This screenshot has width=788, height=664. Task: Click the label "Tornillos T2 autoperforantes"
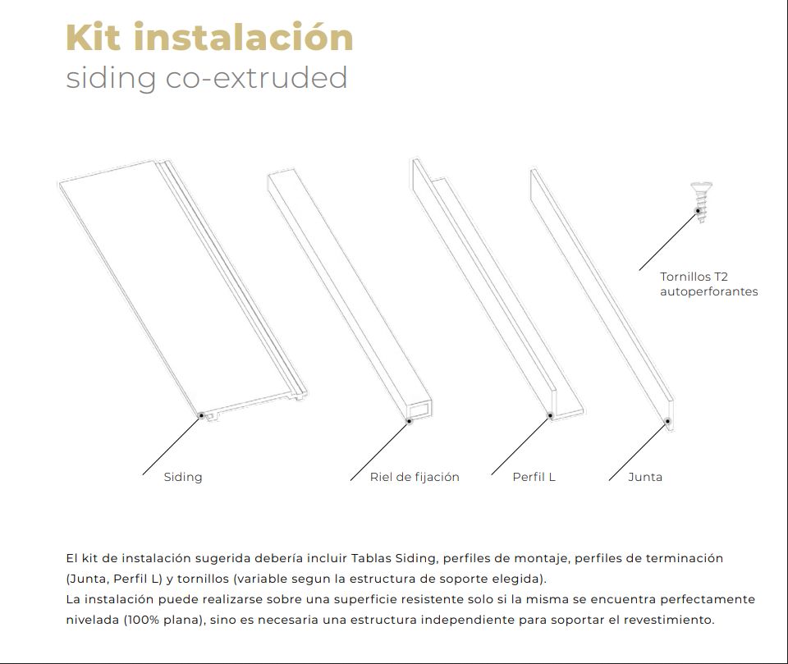click(x=708, y=284)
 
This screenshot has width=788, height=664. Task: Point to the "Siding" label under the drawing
click(x=182, y=477)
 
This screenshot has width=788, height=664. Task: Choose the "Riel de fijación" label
click(x=415, y=477)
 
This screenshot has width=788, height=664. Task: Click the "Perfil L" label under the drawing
click(x=534, y=477)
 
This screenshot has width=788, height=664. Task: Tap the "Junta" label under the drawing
click(x=644, y=477)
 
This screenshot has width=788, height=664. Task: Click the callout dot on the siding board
click(x=201, y=416)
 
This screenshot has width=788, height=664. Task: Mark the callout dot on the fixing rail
click(x=409, y=421)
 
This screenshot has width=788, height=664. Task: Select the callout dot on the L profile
click(x=550, y=415)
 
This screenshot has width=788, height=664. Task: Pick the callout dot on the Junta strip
click(x=667, y=421)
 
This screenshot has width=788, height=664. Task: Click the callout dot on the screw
click(x=699, y=211)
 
